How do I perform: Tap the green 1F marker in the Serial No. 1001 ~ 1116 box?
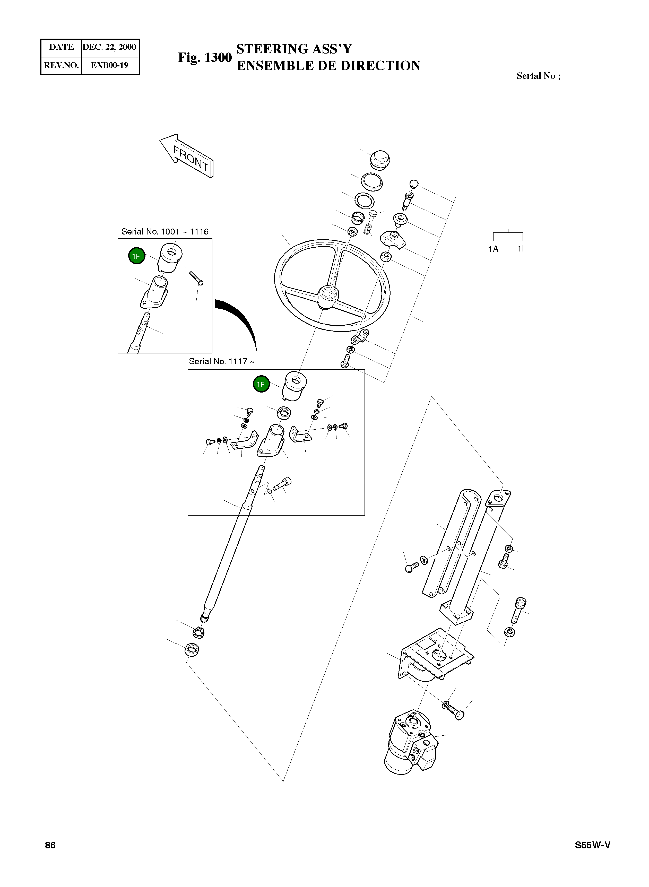[x=136, y=256]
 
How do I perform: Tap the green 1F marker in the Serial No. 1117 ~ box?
[x=261, y=384]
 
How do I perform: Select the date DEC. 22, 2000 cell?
[x=110, y=47]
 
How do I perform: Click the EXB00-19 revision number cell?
[x=110, y=65]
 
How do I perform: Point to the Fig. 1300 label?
[x=205, y=57]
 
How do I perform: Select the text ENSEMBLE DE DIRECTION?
[x=328, y=66]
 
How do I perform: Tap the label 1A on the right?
[x=493, y=249]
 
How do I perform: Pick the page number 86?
[x=50, y=845]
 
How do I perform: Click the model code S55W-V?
[x=592, y=845]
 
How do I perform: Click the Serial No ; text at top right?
[x=538, y=76]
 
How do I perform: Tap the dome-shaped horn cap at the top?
[x=380, y=159]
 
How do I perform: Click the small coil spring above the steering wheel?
[x=367, y=229]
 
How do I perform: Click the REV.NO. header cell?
[x=61, y=65]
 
